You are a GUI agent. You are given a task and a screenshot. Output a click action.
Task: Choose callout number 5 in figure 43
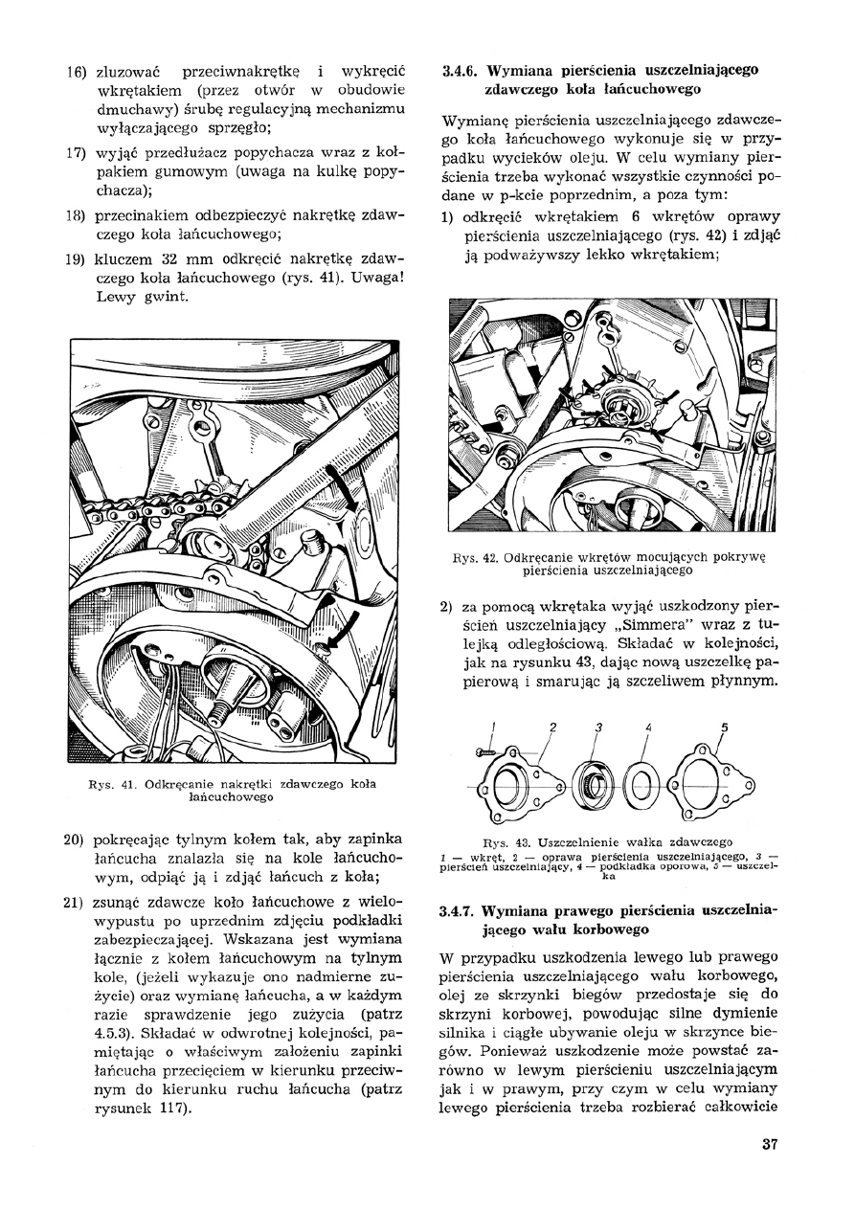(x=724, y=728)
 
